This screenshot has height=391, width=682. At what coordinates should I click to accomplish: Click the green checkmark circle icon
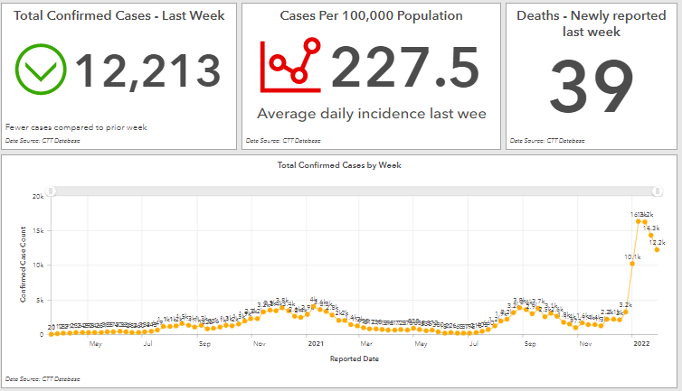point(42,70)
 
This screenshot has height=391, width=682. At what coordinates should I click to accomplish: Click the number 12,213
point(148,71)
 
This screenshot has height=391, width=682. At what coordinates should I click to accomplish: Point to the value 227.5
point(404,67)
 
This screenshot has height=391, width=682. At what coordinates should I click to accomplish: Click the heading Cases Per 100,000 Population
point(371,16)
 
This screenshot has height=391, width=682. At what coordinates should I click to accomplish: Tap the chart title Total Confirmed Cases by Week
point(340,165)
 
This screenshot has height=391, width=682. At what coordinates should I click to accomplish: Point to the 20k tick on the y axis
point(38,196)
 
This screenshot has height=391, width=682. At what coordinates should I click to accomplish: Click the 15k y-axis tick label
point(38,230)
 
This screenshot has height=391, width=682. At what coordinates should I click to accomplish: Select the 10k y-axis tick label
point(38,265)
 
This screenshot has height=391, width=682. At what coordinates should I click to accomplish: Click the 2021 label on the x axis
point(316,344)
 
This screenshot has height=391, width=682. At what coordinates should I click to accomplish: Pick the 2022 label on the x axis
point(642,344)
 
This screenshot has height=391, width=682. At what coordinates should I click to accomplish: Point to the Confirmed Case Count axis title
point(24,265)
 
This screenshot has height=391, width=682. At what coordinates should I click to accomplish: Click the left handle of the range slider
point(52,191)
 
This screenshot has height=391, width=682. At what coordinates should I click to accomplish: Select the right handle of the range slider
point(658,191)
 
